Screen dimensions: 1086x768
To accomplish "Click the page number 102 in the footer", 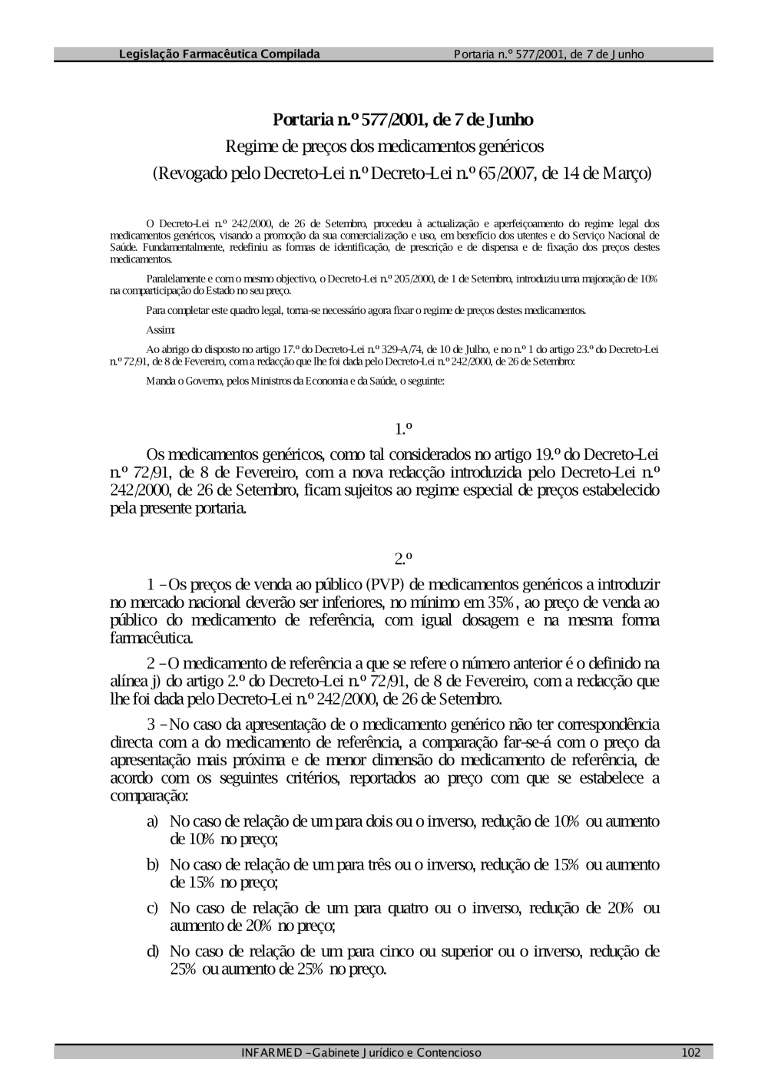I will pos(690,1052).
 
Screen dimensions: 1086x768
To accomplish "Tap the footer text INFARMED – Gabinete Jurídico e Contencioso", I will pos(361,1052).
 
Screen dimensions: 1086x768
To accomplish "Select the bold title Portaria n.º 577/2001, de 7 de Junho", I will pos(403,120).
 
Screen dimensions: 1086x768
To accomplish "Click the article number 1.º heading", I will pos(404,427).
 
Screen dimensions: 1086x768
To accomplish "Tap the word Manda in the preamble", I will pos(157,381).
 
